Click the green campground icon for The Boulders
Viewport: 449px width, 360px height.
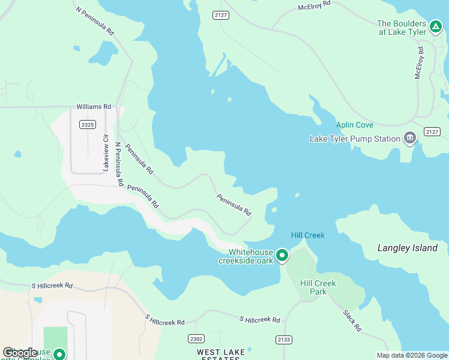(436, 26)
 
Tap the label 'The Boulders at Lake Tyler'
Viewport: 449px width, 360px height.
(402, 28)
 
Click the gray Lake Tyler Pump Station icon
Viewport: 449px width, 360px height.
(410, 138)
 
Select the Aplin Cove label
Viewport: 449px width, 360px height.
(354, 125)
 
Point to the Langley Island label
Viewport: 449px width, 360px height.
(408, 248)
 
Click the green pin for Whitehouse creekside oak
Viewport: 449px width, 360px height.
(282, 256)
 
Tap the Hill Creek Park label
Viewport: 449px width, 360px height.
(318, 287)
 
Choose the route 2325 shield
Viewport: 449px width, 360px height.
(87, 124)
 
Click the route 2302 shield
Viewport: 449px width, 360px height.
(196, 338)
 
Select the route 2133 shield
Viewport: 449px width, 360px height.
(284, 340)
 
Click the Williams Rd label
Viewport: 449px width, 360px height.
(94, 107)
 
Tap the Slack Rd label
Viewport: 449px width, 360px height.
(352, 321)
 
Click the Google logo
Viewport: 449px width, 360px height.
(20, 353)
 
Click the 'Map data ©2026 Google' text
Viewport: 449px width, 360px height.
(412, 355)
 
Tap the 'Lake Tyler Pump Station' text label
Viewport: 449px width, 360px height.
(354, 139)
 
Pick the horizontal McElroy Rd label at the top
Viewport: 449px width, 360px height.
(314, 5)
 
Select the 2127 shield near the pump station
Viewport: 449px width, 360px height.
(432, 131)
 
